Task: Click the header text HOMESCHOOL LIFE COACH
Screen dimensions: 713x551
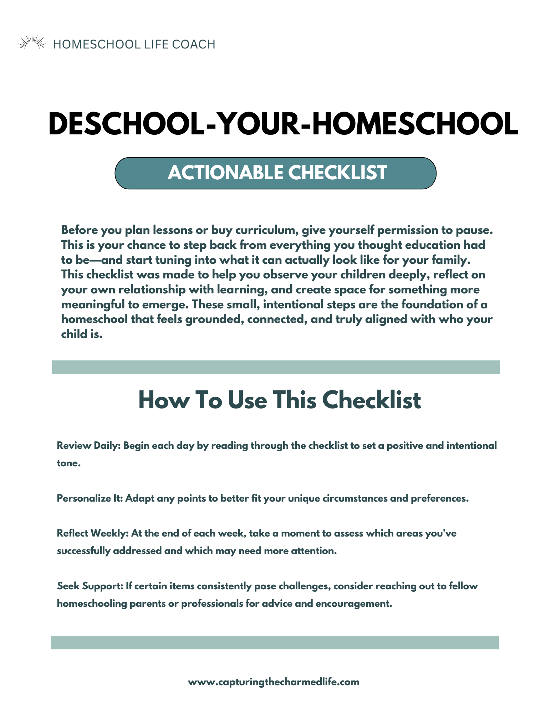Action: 134,45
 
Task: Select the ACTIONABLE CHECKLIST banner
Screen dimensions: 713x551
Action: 275,173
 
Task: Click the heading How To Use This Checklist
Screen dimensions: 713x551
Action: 279,400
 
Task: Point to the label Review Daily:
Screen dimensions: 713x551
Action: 89,446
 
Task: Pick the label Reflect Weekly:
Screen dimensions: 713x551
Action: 93,533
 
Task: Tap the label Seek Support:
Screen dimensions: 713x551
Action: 90,586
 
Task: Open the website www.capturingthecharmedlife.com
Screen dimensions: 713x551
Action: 274,682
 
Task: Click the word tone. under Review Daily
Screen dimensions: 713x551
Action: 68,463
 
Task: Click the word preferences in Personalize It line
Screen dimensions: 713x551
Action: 439,498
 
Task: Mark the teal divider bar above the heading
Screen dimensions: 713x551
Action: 276,367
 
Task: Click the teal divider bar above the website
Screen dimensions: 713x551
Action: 275,642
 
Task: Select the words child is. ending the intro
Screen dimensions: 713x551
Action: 82,334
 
